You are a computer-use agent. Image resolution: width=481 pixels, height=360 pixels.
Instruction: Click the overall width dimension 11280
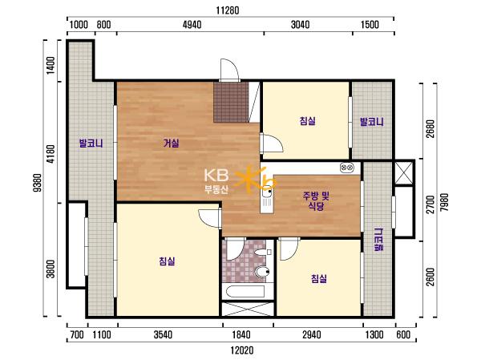(x=228, y=10)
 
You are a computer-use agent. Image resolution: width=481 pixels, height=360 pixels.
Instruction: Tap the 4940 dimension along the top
(x=192, y=25)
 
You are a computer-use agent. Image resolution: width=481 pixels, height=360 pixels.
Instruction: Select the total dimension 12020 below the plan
(x=242, y=350)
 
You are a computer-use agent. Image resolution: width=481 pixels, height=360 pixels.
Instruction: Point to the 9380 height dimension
(x=38, y=183)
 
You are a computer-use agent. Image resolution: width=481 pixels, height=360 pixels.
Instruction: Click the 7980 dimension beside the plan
(x=444, y=202)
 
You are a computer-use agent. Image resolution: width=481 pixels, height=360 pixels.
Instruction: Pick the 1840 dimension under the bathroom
(x=241, y=334)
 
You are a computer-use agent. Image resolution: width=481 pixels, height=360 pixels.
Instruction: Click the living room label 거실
(x=172, y=143)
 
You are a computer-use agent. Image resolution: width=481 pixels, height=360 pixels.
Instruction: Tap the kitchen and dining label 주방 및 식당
(x=316, y=200)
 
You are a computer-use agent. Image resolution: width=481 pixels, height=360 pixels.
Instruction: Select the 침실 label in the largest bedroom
(x=167, y=261)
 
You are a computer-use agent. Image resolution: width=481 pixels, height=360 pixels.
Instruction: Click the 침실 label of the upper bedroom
(x=307, y=120)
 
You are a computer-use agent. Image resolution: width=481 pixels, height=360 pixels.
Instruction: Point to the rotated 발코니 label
(x=379, y=240)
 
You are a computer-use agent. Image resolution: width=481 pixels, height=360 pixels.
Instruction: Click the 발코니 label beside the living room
(x=91, y=143)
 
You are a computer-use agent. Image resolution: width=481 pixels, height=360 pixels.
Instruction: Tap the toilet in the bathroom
(x=262, y=272)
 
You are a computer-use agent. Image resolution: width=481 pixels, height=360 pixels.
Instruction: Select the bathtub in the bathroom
(x=245, y=291)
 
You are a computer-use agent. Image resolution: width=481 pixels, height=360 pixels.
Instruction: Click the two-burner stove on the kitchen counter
(x=347, y=168)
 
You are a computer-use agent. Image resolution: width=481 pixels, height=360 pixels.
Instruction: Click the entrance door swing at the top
(x=229, y=70)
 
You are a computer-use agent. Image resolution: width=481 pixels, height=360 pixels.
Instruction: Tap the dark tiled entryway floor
(x=231, y=102)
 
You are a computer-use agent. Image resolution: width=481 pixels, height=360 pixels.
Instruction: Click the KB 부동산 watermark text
(x=216, y=181)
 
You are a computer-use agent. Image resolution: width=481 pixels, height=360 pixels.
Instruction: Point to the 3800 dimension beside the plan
(x=51, y=269)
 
